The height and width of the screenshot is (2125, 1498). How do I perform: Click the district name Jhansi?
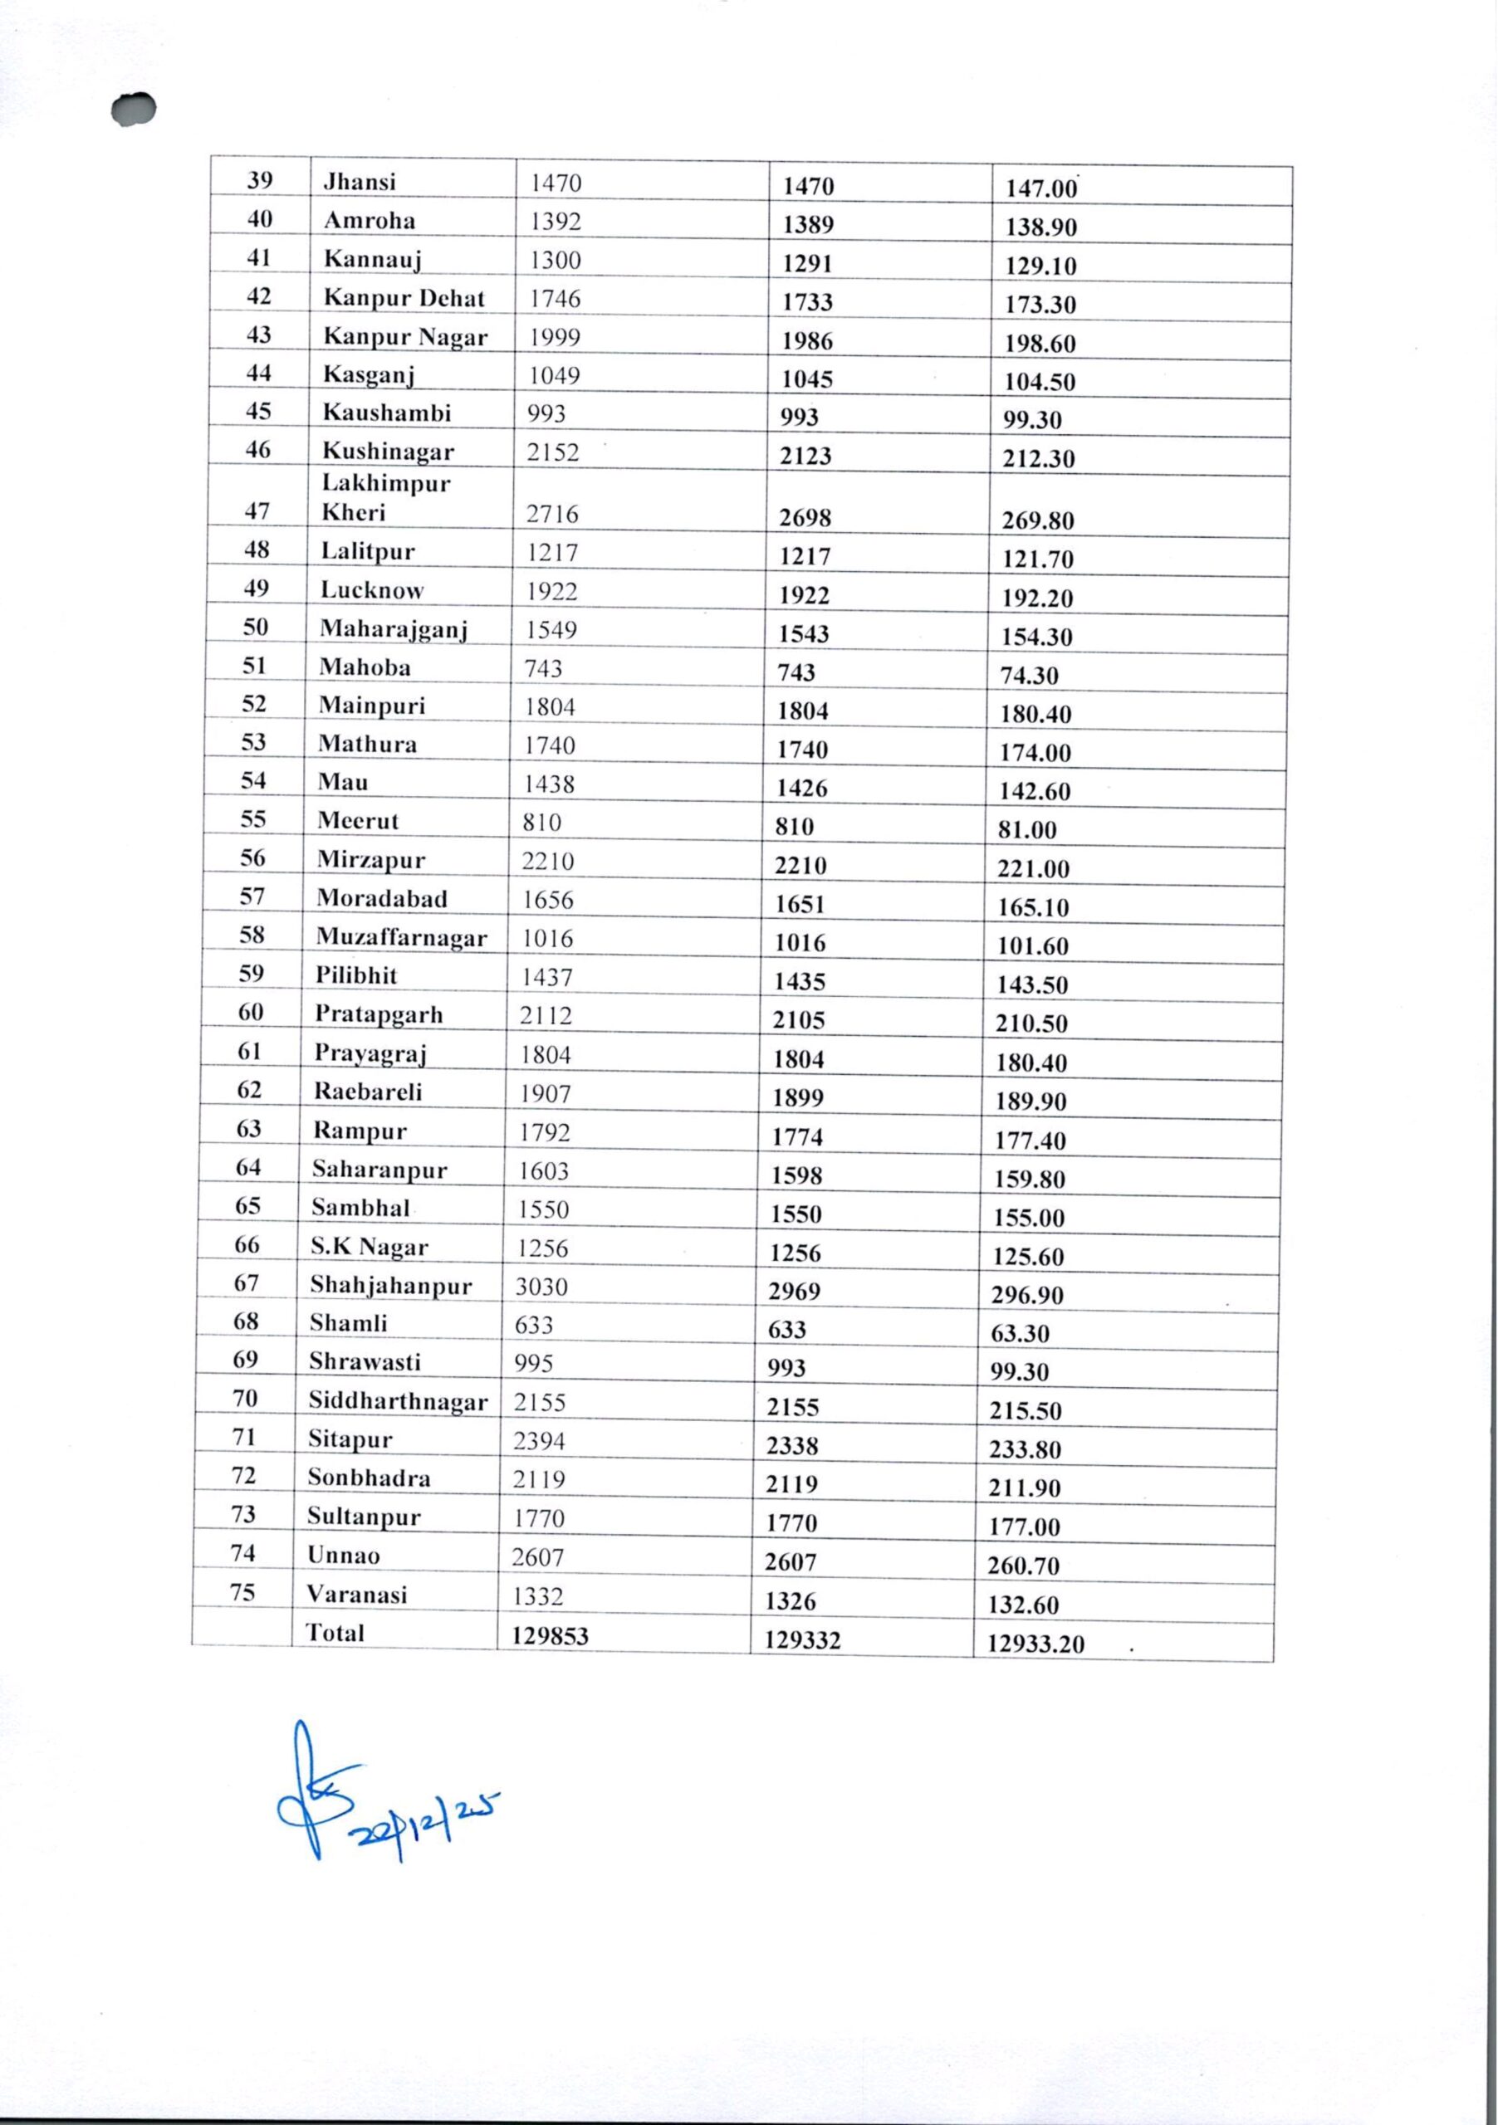360,182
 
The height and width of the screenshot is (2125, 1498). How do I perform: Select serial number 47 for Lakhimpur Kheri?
257,510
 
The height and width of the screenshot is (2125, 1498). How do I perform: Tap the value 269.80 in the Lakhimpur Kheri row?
1038,521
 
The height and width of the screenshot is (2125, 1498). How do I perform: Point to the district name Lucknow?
372,589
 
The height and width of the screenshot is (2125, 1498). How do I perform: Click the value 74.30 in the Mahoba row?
1029,676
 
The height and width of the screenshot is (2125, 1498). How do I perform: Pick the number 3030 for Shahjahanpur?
541,1287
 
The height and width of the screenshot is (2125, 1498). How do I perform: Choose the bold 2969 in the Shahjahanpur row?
795,1291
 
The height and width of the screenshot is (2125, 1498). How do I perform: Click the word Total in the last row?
335,1633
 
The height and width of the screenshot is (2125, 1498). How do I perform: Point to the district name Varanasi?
357,1594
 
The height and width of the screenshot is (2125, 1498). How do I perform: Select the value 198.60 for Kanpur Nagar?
1040,344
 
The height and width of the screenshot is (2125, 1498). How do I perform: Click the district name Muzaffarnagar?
402,937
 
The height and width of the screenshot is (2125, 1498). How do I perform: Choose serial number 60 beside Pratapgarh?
251,1012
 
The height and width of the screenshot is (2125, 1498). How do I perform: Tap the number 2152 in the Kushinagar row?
553,452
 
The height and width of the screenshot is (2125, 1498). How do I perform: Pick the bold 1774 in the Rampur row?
797,1136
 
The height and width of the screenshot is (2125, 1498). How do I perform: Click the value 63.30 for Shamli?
1020,1334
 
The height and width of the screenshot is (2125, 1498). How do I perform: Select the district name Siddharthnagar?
398,1401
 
